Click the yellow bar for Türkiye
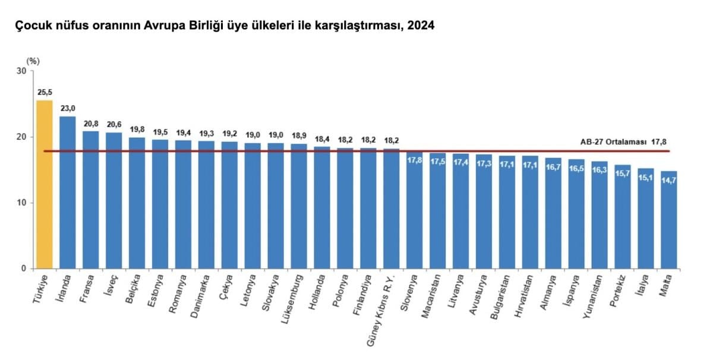click(x=45, y=184)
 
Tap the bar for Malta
click(x=669, y=220)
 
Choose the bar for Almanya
click(x=553, y=213)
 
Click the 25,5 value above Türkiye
click(x=45, y=93)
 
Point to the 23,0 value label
click(x=68, y=109)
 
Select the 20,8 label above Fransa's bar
click(x=91, y=124)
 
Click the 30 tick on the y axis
click(x=22, y=71)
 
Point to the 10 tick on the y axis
click(x=22, y=203)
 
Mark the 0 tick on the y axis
click(x=24, y=269)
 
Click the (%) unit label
click(x=33, y=61)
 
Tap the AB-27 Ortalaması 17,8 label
click(x=624, y=142)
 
